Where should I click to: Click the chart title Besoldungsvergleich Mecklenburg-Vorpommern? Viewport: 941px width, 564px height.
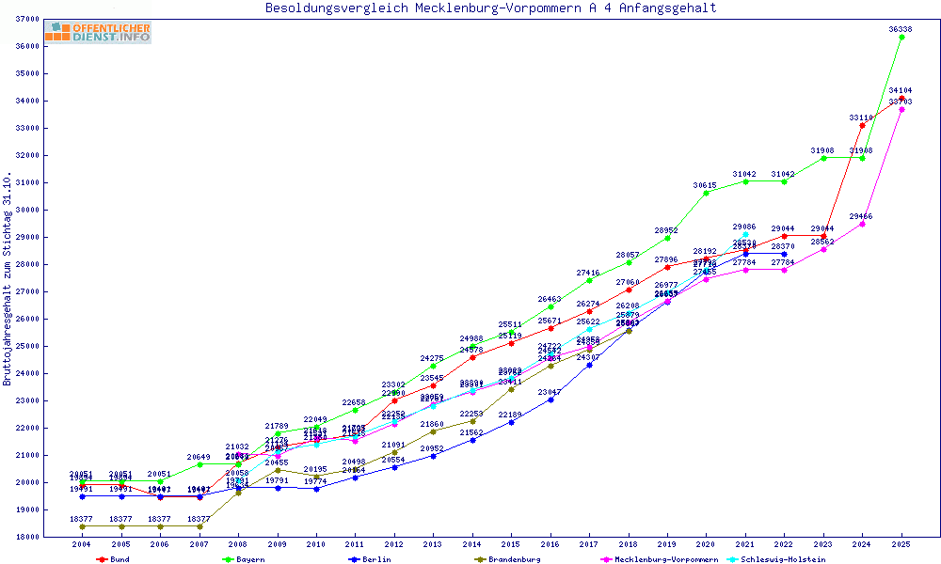[x=491, y=8]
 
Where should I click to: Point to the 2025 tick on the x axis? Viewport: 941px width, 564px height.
[x=901, y=544]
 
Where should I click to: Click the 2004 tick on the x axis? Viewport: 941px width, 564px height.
[x=83, y=544]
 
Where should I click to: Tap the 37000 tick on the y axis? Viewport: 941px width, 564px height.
[x=27, y=19]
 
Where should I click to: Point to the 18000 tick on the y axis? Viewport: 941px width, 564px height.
[x=27, y=537]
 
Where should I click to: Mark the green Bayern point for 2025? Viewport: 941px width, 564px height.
[x=901, y=37]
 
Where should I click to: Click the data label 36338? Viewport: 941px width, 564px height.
[x=901, y=29]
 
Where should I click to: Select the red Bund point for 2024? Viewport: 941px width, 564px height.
[x=862, y=125]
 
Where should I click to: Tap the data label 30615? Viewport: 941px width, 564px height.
[x=706, y=185]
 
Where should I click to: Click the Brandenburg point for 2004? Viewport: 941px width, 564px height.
[x=83, y=526]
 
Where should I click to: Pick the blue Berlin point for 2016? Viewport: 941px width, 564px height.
[x=550, y=399]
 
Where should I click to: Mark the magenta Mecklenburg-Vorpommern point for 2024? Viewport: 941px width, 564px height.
[x=862, y=224]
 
